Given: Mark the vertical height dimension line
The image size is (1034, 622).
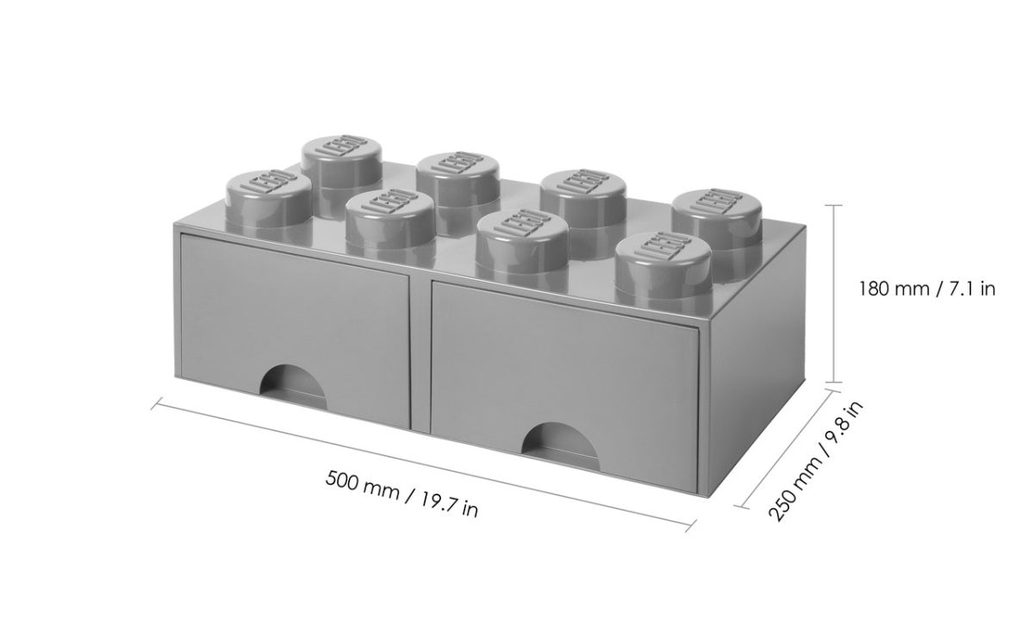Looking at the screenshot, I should click(x=833, y=293).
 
